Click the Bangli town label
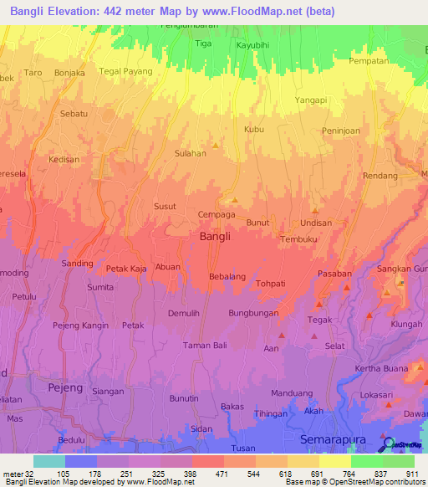tap(216, 237)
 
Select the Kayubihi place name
tap(253, 45)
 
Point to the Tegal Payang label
tap(126, 71)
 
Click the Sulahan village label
tap(190, 154)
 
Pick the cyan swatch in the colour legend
tap(48, 461)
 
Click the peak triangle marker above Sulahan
tap(217, 146)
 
